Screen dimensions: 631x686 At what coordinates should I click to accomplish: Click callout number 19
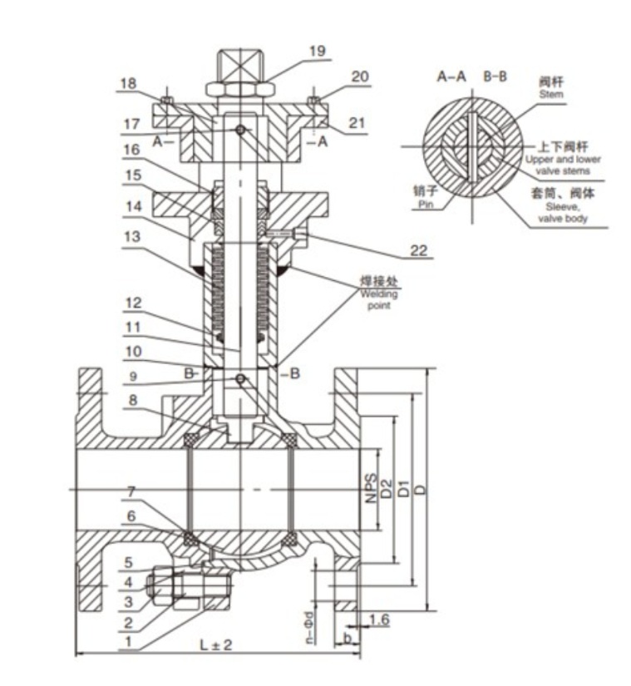(318, 51)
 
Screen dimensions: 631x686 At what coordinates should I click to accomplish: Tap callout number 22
(418, 250)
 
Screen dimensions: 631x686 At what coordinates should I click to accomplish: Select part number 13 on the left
(132, 237)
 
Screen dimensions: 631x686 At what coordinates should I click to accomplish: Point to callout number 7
(131, 491)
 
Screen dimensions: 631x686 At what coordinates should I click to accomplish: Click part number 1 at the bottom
(128, 642)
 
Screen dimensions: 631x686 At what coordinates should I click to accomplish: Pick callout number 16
(131, 150)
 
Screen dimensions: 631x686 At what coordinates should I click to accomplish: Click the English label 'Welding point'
(379, 299)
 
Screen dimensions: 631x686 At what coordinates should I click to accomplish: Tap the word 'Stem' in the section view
(551, 94)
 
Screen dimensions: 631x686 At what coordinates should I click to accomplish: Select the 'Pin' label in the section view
(426, 204)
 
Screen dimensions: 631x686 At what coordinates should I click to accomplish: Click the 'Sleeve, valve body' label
(562, 212)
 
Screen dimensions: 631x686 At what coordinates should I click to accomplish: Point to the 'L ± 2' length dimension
(216, 644)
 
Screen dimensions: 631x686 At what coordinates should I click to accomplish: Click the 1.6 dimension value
(379, 619)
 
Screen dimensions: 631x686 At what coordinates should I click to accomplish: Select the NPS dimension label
(371, 488)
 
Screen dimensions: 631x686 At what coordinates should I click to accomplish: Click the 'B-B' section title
(495, 76)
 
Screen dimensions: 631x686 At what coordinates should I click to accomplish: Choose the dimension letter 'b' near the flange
(348, 639)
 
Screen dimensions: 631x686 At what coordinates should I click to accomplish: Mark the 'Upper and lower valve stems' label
(563, 165)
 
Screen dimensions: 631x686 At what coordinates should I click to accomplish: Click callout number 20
(360, 76)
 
